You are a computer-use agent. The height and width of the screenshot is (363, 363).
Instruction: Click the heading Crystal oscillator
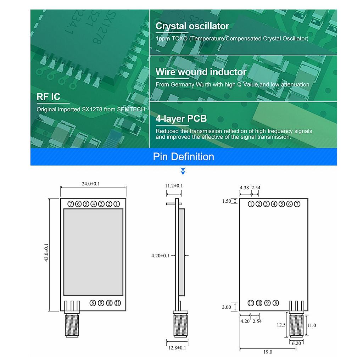tap(192, 26)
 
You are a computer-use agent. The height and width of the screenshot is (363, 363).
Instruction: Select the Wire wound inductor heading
tap(201, 72)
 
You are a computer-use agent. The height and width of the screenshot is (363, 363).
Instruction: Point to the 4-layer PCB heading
tap(181, 119)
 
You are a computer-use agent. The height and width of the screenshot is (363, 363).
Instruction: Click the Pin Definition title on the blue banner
tap(183, 157)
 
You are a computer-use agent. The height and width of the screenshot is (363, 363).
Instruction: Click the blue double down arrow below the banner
tap(183, 172)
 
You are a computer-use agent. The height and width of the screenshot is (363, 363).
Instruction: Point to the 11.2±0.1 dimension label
tap(174, 186)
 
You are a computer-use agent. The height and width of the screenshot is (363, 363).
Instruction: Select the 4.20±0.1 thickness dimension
tap(160, 255)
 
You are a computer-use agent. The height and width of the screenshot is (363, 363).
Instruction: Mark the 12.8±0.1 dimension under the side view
tap(177, 348)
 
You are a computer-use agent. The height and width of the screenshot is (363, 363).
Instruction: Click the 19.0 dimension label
tap(268, 352)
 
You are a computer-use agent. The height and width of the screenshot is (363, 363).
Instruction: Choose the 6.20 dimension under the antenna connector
tap(297, 343)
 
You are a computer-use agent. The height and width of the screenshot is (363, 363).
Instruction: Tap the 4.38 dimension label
tap(244, 187)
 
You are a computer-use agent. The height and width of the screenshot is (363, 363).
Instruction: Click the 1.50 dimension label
tap(226, 201)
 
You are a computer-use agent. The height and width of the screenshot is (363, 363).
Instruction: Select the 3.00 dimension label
tap(226, 307)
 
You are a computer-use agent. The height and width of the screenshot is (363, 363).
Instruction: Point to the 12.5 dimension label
tap(281, 325)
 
